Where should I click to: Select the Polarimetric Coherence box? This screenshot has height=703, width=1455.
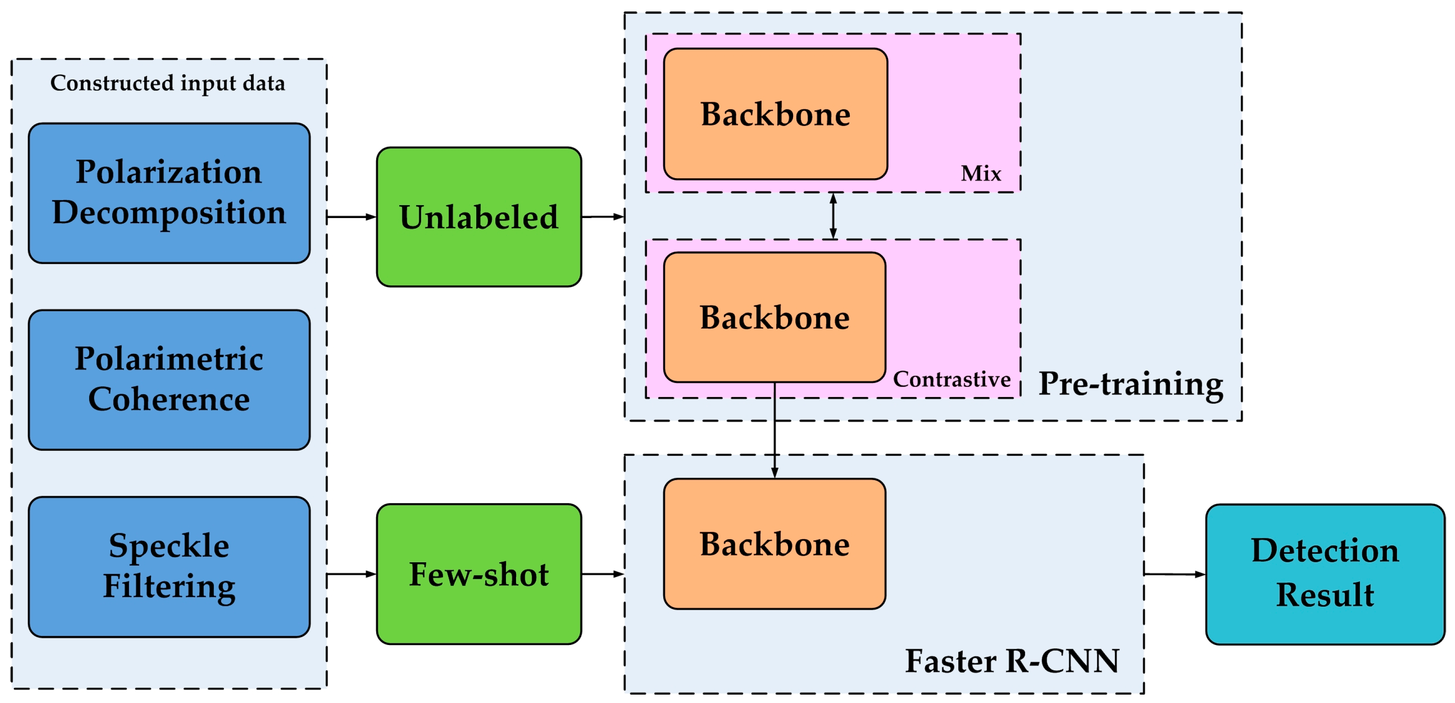[x=169, y=379]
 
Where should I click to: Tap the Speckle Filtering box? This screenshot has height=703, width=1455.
[x=169, y=566]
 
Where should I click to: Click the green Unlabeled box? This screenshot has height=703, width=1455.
[x=478, y=217]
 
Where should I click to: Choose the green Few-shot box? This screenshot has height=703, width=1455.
[x=478, y=574]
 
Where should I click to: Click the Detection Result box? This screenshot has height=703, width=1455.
[x=1325, y=574]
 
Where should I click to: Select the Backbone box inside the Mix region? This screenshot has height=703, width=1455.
[x=775, y=114]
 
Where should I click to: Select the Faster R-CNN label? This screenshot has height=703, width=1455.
[x=1012, y=661]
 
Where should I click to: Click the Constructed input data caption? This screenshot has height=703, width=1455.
[x=168, y=83]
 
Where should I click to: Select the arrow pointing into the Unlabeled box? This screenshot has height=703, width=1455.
[x=351, y=217]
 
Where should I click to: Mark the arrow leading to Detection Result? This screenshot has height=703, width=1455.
[x=1174, y=574]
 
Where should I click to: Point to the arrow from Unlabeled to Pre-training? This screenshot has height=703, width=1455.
[x=602, y=217]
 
